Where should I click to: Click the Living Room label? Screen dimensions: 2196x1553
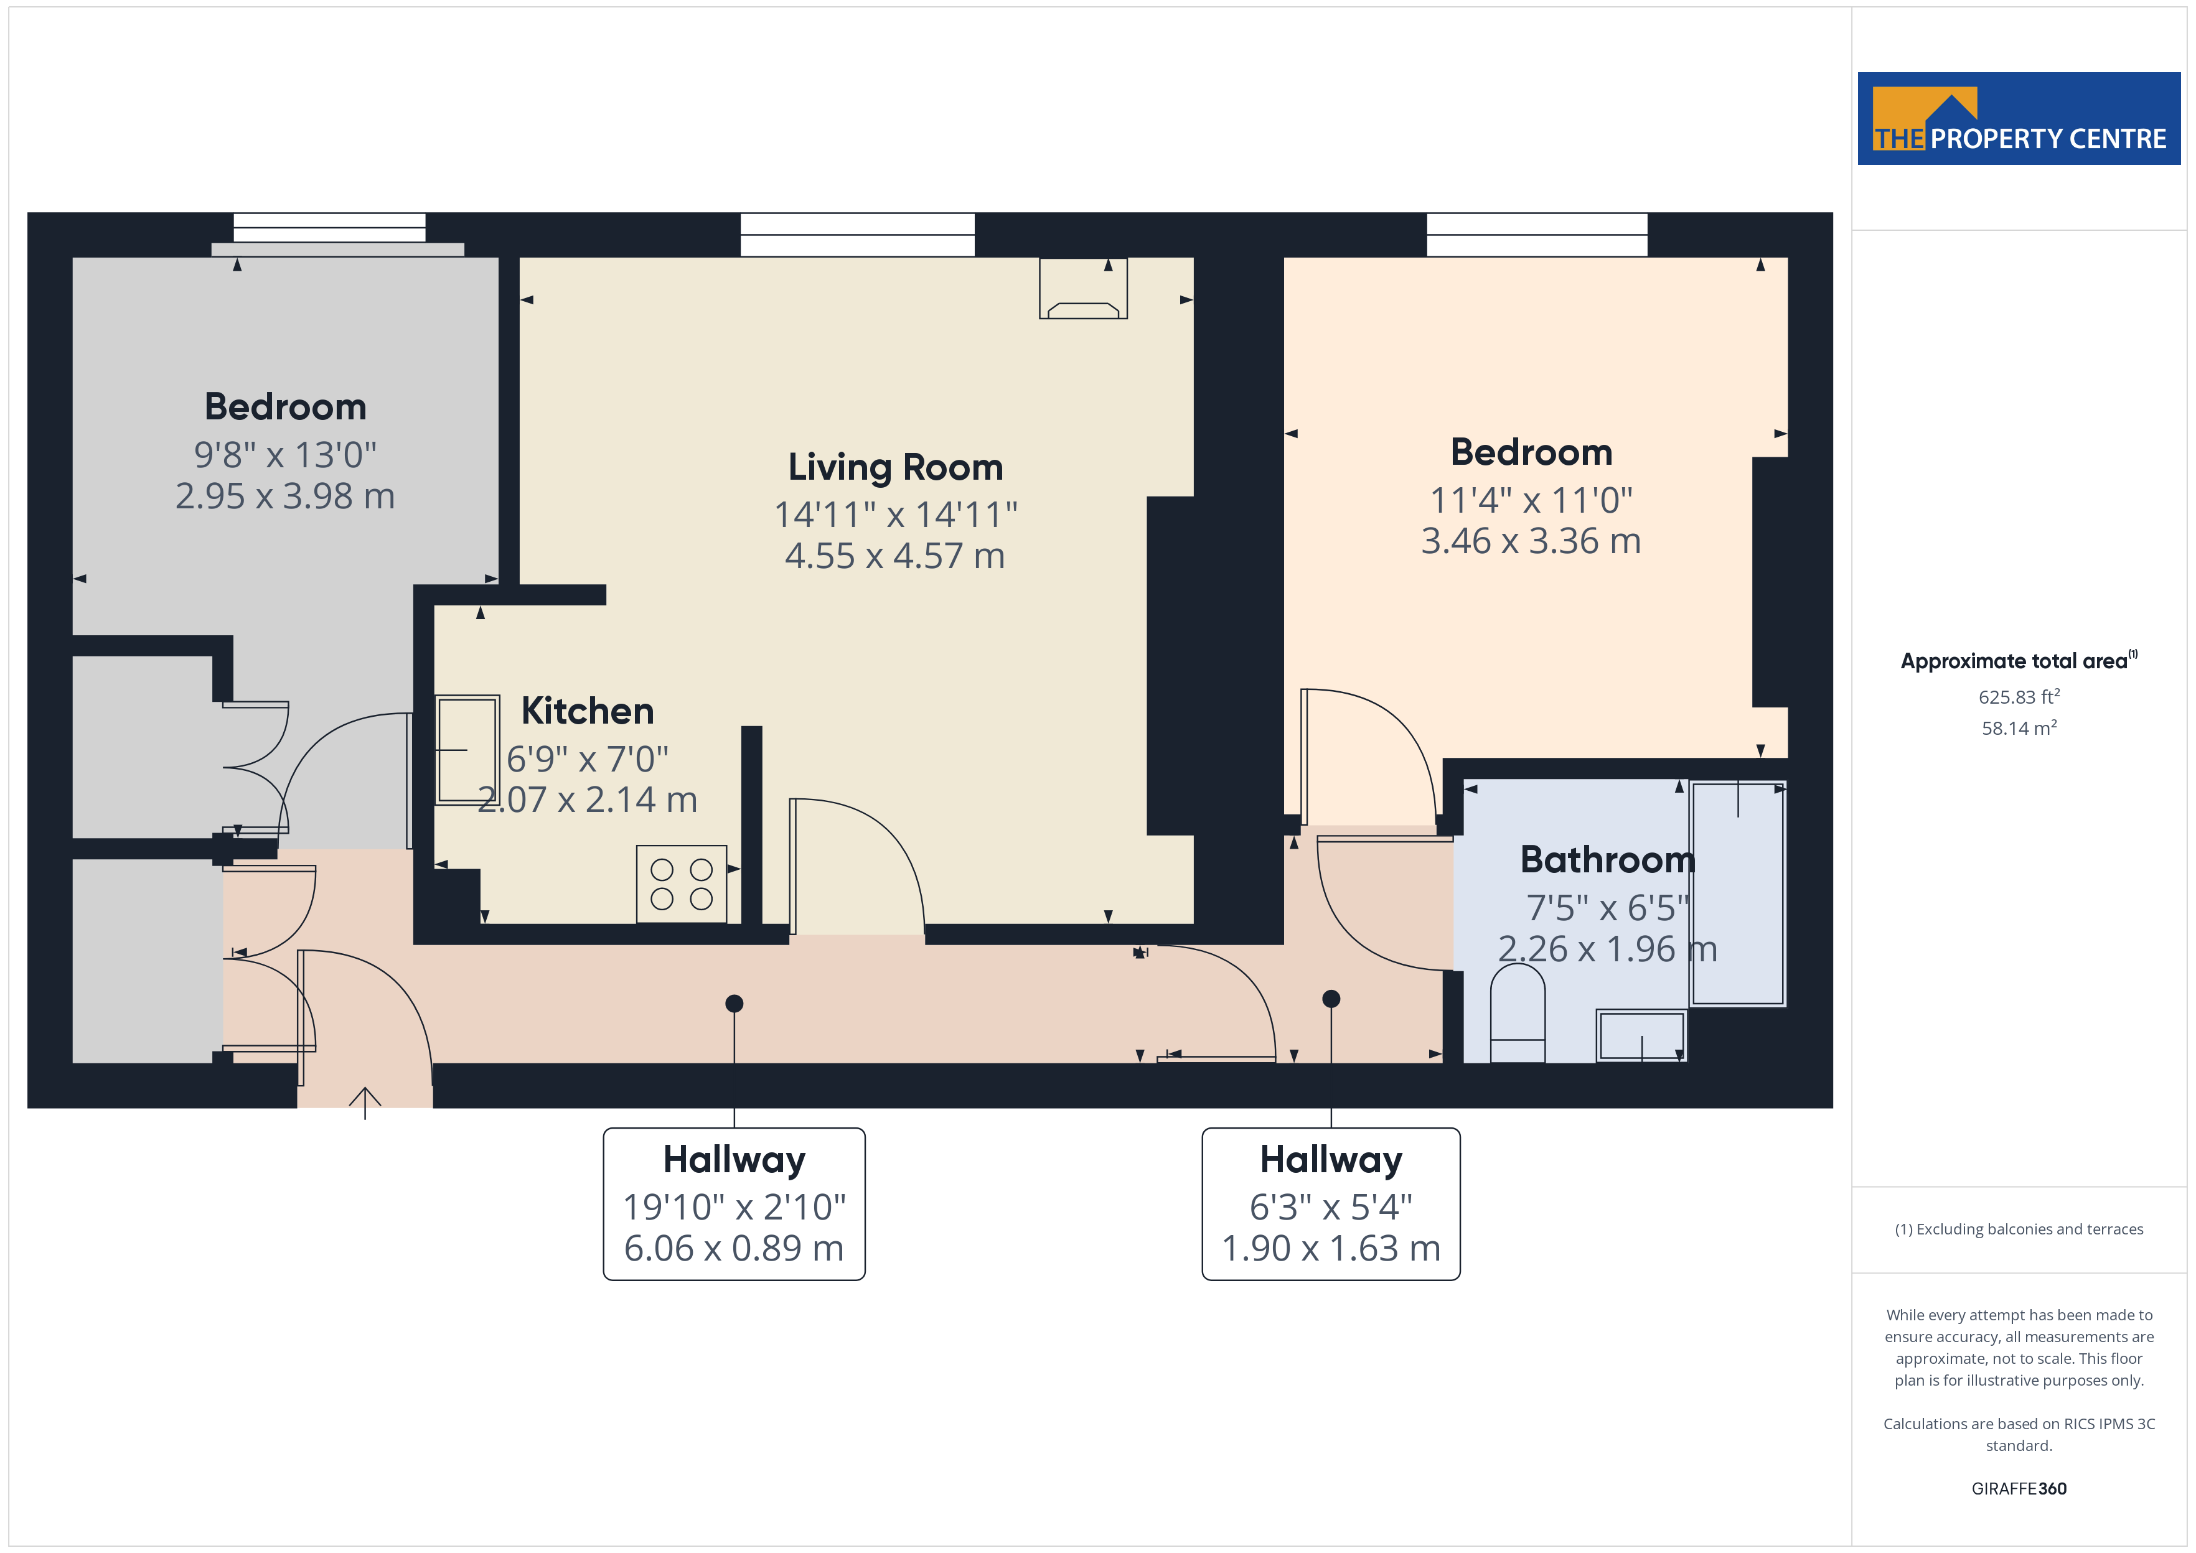point(895,468)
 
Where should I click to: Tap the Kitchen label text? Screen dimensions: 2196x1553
point(587,711)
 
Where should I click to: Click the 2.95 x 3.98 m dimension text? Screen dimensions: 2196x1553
point(285,495)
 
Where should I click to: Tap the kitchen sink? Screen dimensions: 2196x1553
point(467,750)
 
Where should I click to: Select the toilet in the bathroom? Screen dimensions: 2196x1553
point(1518,1013)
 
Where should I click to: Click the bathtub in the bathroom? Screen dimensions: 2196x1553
point(1738,893)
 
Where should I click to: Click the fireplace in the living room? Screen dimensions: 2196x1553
point(1084,288)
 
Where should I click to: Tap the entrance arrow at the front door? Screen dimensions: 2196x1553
point(364,1103)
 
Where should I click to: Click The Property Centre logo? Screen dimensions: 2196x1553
point(2019,119)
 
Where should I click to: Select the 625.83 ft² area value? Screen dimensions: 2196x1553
point(2019,696)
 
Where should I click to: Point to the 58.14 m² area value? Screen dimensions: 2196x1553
point(2019,728)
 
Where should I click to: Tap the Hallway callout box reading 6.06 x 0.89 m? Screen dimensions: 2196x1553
point(734,1204)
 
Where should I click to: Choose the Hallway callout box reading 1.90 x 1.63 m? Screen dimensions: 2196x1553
point(1331,1204)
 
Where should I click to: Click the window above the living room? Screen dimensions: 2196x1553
point(858,235)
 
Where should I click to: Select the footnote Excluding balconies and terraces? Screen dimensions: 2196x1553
point(2019,1229)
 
